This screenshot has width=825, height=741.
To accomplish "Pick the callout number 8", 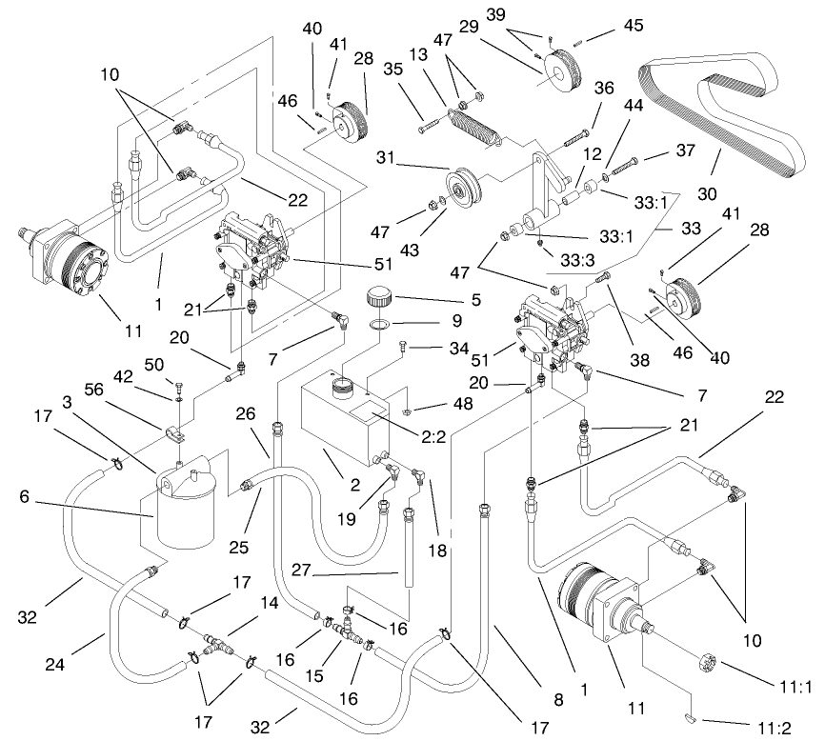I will click(558, 699).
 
